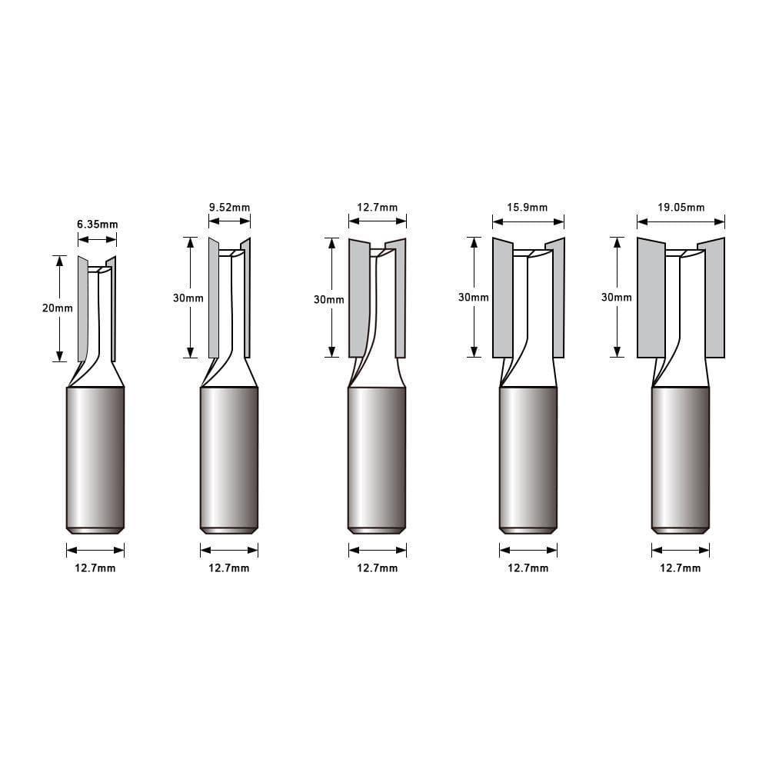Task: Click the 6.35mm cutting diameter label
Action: pos(97,225)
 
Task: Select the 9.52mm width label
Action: pos(229,207)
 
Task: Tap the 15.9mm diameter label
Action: pos(528,207)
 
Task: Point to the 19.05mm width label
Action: pos(681,207)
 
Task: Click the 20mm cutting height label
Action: pos(58,308)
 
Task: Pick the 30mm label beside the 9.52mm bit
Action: pos(188,298)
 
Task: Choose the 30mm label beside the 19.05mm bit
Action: pos(617,298)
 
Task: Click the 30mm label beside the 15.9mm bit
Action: pos(474,298)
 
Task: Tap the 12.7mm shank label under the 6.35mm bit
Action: pos(95,568)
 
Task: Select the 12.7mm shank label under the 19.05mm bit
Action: pos(681,568)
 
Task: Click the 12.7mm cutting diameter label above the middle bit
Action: pos(378,207)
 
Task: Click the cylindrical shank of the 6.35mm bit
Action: pos(95,458)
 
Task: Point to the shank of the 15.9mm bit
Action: pos(528,458)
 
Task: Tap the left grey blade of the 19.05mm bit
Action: pos(651,300)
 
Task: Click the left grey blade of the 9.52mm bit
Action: pos(214,300)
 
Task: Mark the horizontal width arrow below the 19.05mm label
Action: pos(681,221)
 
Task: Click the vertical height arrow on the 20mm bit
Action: pos(58,331)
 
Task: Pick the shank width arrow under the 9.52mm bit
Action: pos(229,550)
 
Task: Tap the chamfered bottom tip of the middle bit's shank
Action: pos(377,530)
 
